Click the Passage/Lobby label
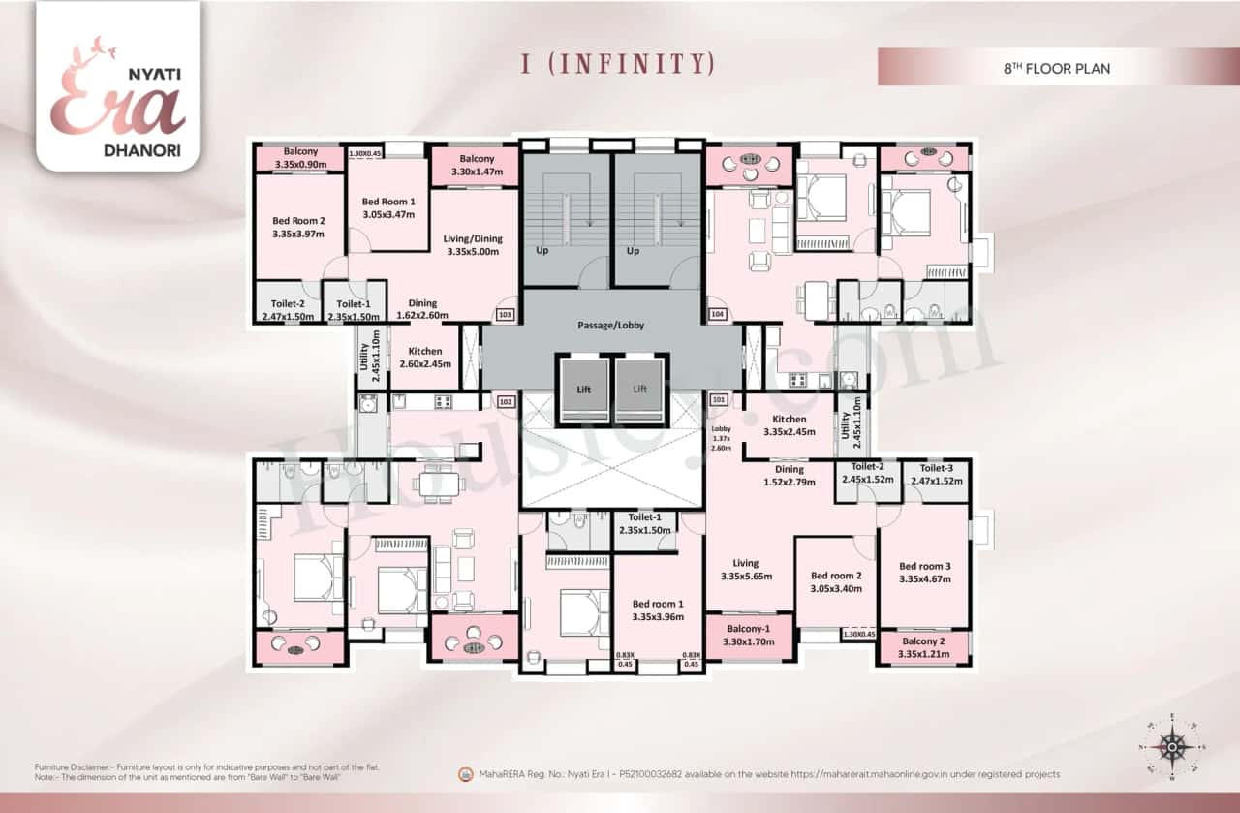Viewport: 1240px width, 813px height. (x=610, y=325)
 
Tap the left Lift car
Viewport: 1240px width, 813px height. (x=584, y=389)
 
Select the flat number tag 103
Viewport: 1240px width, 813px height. (x=504, y=315)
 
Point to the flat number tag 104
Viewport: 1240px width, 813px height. (x=717, y=315)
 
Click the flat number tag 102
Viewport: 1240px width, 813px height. (x=504, y=400)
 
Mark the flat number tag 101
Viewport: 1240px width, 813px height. (x=718, y=399)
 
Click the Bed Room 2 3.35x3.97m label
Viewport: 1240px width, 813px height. (x=297, y=227)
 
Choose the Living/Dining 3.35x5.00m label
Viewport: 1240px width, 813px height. (x=473, y=245)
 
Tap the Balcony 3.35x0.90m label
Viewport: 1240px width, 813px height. (x=300, y=158)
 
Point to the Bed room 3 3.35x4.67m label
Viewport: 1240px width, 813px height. (x=924, y=573)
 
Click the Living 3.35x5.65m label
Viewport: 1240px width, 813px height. (x=746, y=569)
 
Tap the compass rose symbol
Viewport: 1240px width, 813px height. (x=1173, y=746)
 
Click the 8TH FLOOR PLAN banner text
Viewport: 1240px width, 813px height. (x=1056, y=69)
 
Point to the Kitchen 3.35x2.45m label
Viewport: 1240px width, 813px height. (x=785, y=425)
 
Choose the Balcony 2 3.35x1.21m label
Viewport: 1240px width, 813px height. (x=923, y=648)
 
